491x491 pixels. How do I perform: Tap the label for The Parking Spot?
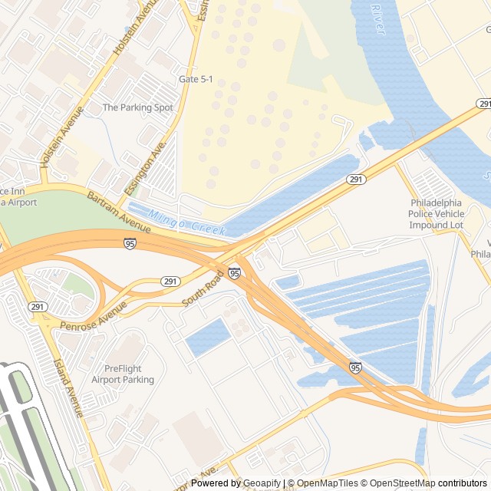tap(138, 108)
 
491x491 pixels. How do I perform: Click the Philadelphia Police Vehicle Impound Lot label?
tap(437, 214)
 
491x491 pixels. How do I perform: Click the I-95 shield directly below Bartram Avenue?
tap(130, 243)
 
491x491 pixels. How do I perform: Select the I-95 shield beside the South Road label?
tap(234, 272)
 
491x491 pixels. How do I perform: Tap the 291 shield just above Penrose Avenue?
tap(170, 282)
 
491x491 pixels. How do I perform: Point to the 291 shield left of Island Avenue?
tap(36, 306)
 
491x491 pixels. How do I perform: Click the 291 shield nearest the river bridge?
tap(483, 104)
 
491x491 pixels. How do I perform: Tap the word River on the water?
tap(376, 13)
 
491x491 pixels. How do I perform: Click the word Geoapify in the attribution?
tap(262, 483)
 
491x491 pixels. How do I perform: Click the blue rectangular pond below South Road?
tap(207, 338)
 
